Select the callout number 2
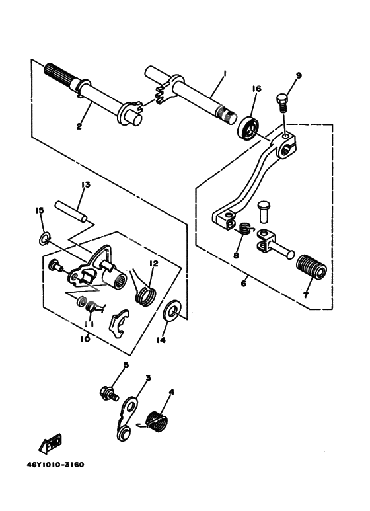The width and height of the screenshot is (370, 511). [79, 126]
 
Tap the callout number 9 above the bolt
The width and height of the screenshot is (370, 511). [298, 76]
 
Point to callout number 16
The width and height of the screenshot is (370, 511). [256, 89]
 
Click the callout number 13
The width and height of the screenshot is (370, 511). [85, 186]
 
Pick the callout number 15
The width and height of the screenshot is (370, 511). [39, 210]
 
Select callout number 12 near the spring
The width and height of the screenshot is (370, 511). [153, 263]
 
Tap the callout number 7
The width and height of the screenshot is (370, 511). [305, 295]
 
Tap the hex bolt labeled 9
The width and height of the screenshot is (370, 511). [282, 102]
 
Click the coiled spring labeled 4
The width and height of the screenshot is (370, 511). [156, 422]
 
